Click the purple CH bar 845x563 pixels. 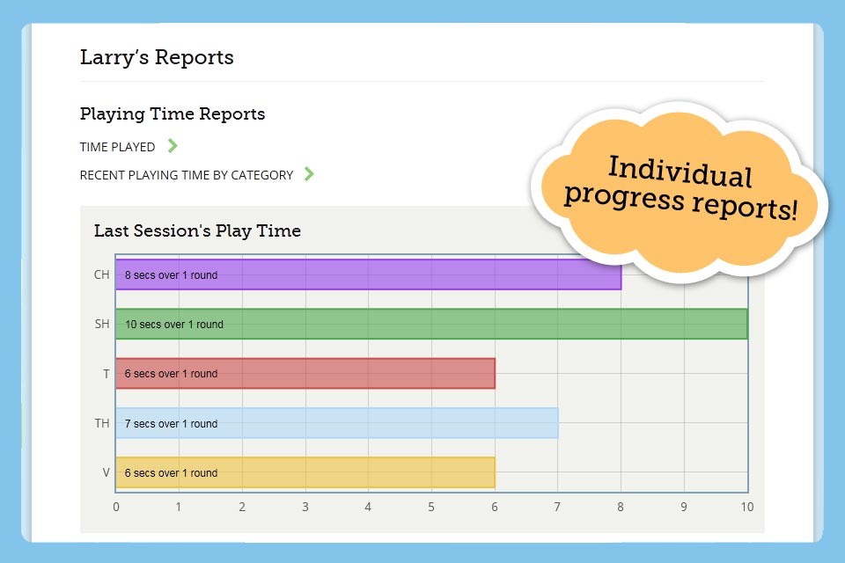pyautogui.click(x=368, y=274)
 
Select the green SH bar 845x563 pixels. pyautogui.click(x=431, y=324)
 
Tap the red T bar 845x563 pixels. pyautogui.click(x=305, y=373)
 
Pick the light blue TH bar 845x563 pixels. pyautogui.click(x=337, y=423)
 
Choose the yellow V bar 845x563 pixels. pyautogui.click(x=305, y=472)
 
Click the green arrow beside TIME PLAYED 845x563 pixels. pyautogui.click(x=173, y=145)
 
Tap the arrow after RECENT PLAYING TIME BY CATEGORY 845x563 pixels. pyautogui.click(x=309, y=173)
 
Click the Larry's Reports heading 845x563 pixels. pyautogui.click(x=157, y=57)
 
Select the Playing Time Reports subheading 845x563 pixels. pyautogui.click(x=173, y=114)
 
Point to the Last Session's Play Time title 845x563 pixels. pyautogui.click(x=197, y=230)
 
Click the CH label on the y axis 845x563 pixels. pyautogui.click(x=102, y=274)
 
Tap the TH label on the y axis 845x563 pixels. pyautogui.click(x=102, y=423)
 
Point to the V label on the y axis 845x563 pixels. pyautogui.click(x=107, y=472)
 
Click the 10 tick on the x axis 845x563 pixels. pyautogui.click(x=747, y=507)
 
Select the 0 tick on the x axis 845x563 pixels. pyautogui.click(x=116, y=507)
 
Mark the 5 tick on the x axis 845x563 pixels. pyautogui.click(x=431, y=507)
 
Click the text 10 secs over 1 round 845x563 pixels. pyautogui.click(x=174, y=325)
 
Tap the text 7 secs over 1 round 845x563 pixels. pyautogui.click(x=172, y=423)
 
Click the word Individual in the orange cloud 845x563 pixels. pyautogui.click(x=680, y=172)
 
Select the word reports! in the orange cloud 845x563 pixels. pyautogui.click(x=745, y=206)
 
